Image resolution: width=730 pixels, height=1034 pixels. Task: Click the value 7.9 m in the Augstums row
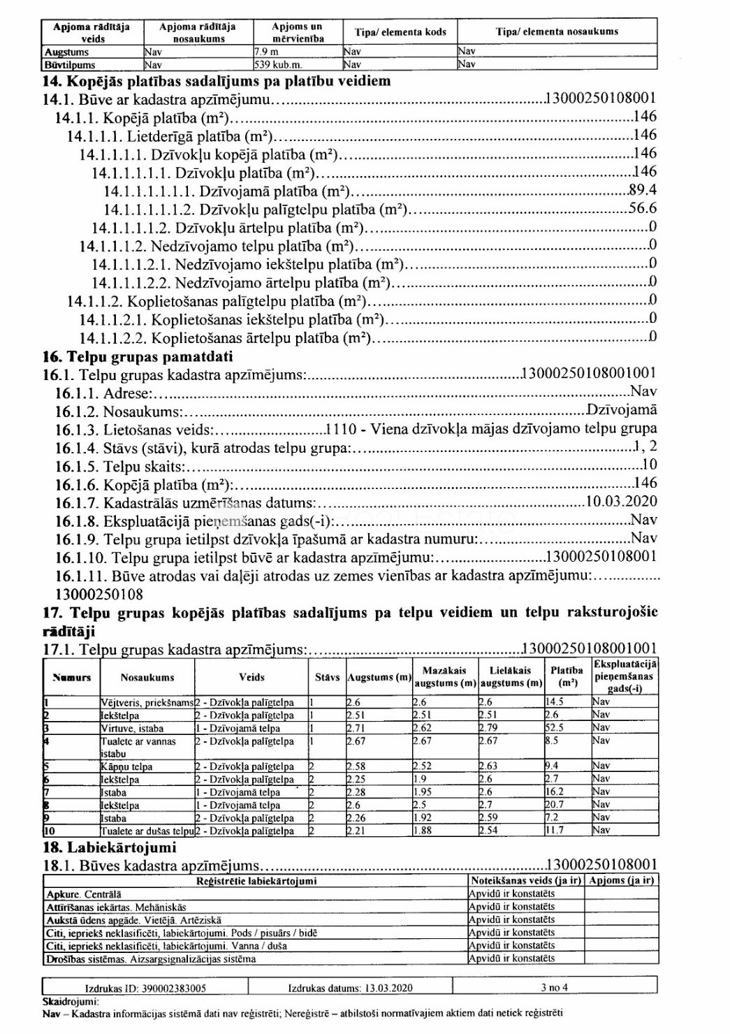267,52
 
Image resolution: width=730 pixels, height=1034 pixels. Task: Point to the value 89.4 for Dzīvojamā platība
643,190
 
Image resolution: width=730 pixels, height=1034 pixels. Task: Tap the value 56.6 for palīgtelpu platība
643,208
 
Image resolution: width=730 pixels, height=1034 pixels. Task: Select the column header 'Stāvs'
327,677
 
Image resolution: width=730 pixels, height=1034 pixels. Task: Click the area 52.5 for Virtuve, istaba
555,727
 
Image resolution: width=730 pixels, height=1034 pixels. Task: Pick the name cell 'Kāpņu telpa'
127,766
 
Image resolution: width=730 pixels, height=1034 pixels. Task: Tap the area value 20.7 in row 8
555,805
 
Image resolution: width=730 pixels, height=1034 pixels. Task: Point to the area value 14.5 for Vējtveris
555,702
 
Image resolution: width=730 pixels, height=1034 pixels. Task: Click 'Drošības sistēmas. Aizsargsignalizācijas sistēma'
150,959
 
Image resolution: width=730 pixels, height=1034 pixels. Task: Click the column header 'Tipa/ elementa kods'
400,31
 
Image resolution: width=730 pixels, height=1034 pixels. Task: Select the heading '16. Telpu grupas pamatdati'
138,356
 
